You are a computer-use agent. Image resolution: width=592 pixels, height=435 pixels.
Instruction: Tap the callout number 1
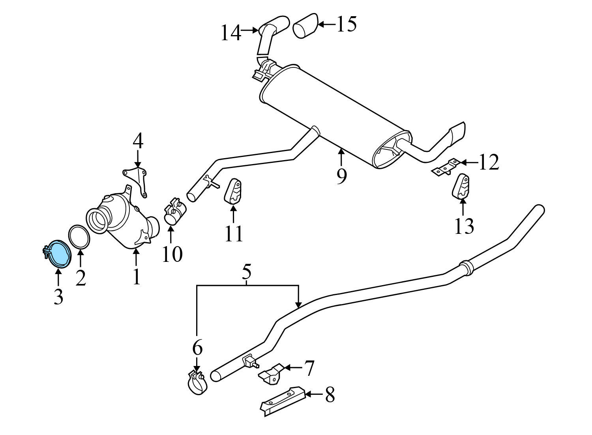136,277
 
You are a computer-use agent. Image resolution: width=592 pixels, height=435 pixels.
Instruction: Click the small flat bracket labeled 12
446,167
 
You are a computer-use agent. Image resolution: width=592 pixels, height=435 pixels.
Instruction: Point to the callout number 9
342,175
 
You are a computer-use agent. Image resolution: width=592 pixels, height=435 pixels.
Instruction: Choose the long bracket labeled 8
283,400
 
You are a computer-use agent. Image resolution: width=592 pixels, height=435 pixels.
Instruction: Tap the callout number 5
246,273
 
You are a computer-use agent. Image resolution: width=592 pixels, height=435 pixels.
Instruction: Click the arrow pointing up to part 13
463,207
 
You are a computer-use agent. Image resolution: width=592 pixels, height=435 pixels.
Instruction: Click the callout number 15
346,24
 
